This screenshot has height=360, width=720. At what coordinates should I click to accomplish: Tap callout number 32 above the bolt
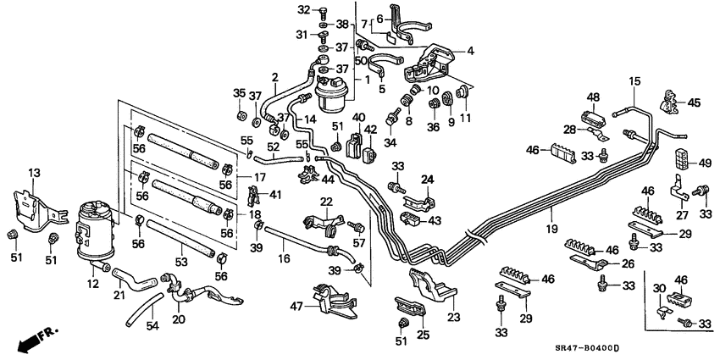point(303,10)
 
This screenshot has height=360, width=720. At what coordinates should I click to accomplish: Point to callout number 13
point(35,173)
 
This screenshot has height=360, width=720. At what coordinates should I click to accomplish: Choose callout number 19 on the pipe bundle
point(551,229)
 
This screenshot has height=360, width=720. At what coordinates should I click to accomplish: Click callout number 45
point(694,103)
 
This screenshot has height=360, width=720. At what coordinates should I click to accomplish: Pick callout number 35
point(238,93)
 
